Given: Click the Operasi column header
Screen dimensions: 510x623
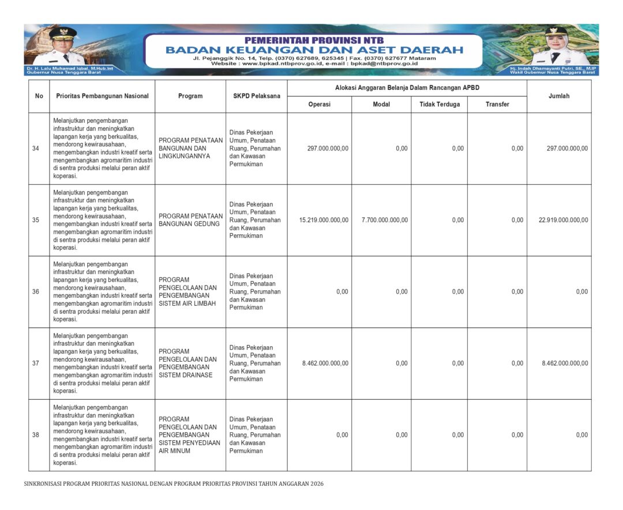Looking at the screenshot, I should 319,104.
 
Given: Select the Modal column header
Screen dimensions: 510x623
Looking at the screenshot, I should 381,104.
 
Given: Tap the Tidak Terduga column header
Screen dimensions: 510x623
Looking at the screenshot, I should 439,104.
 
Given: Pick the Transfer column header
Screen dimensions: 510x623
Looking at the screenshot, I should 497,104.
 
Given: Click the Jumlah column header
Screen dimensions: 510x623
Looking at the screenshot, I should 558,96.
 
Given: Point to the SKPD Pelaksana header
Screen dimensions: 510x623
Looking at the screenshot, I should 256,96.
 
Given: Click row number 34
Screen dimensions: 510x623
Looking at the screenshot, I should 36,149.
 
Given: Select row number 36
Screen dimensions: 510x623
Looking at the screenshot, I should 36,292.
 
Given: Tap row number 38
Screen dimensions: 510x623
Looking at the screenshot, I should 36,435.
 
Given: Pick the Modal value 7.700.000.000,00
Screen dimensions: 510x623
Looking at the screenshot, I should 384,220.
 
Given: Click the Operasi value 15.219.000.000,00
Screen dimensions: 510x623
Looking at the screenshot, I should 324,220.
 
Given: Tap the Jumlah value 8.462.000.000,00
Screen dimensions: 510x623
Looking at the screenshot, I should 565,363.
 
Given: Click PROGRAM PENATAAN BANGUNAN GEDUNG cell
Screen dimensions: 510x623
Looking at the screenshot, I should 190,220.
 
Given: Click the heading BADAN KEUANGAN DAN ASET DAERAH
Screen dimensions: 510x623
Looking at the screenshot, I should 314,50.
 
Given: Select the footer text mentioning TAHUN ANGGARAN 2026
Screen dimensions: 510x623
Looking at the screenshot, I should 174,483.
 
